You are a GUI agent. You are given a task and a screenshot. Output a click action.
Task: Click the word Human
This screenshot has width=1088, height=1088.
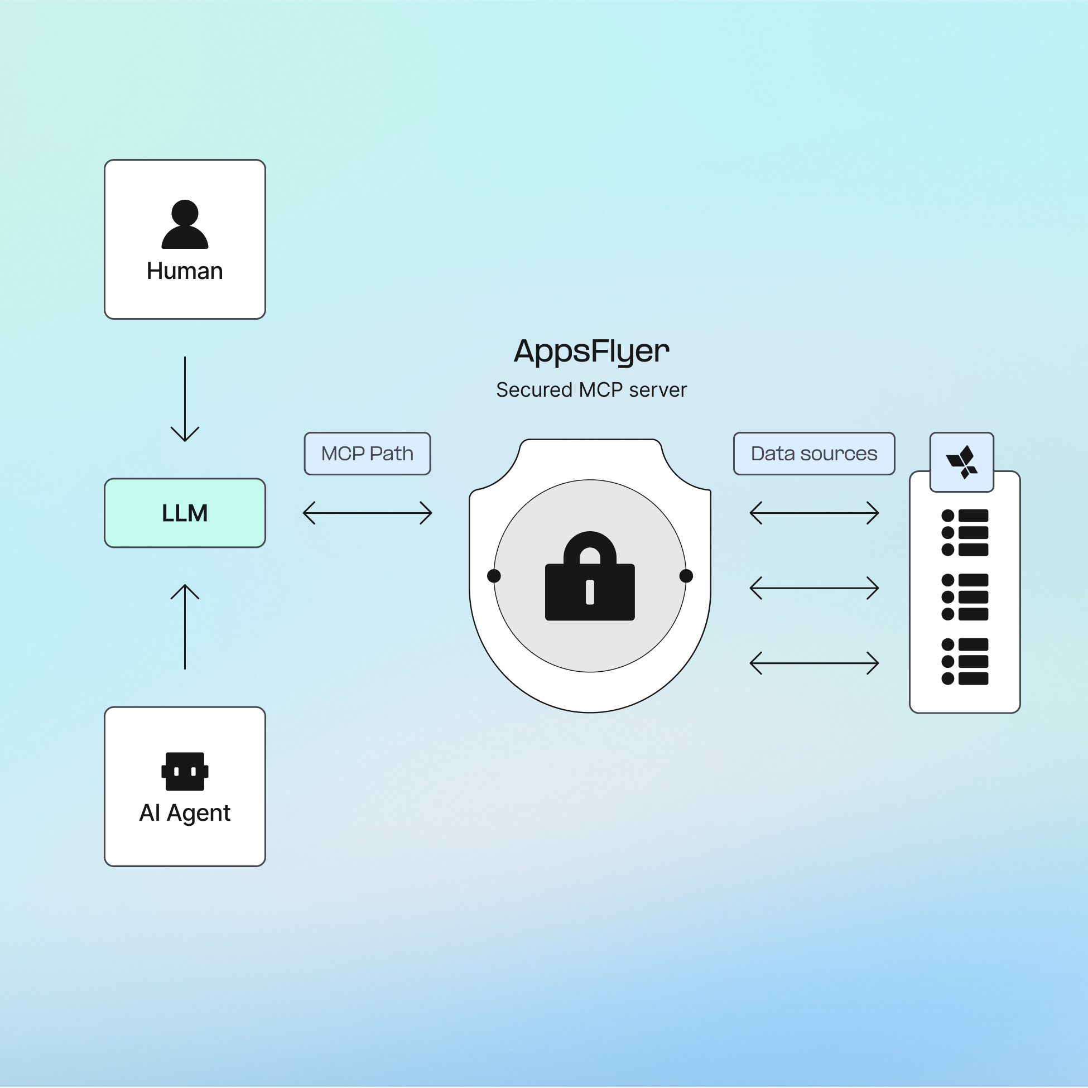coord(185,271)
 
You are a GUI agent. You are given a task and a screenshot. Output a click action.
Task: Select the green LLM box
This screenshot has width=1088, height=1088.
coord(185,513)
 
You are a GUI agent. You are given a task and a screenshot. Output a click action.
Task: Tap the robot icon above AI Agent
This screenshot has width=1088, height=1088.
coord(185,771)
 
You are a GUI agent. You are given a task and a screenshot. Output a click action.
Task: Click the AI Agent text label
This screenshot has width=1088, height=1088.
coord(185,813)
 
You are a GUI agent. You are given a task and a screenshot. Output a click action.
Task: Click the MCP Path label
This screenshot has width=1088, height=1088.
coord(367,453)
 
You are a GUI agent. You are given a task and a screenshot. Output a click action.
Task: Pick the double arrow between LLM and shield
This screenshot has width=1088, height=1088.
coord(367,513)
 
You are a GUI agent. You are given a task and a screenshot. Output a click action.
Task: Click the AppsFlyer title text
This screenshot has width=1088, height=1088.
coord(591,352)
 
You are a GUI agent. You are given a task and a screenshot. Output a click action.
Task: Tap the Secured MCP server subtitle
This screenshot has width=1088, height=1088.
coord(591,389)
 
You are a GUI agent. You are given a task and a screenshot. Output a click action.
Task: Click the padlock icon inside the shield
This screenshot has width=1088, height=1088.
coord(590,577)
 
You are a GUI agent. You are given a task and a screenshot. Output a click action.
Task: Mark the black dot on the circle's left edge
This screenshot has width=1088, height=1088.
coord(494,576)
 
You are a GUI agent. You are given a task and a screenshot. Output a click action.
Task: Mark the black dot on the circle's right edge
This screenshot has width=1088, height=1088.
coord(686,576)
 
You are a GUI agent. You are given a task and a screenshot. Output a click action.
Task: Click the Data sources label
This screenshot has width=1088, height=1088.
coord(813,453)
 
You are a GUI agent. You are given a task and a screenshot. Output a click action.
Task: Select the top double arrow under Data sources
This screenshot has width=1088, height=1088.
coord(813,513)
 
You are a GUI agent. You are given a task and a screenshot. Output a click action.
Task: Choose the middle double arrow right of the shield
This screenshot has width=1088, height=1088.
coord(813,588)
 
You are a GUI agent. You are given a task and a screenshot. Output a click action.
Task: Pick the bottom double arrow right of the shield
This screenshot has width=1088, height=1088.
coord(813,663)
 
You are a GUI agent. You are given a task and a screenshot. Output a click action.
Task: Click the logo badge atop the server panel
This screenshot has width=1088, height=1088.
coord(961,462)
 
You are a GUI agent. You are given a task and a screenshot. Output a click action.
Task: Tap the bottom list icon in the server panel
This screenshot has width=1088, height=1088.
coord(965,661)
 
